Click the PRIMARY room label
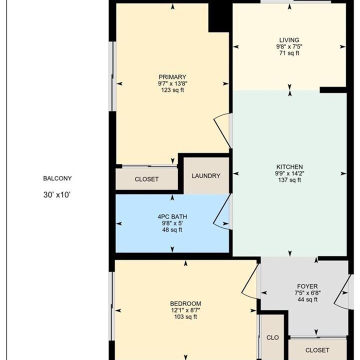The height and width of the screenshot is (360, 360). [172, 77]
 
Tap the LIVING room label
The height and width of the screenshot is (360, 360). [289, 40]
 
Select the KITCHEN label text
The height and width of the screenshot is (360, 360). [289, 167]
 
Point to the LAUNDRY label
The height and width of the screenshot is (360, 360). [206, 176]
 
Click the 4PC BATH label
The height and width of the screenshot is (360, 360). [172, 216]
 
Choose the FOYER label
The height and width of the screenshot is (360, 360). [307, 286]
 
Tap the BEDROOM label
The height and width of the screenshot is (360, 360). [185, 304]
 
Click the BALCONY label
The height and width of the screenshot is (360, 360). [57, 178]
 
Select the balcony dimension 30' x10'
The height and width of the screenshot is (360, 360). [57, 195]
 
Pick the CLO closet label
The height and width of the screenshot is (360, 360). [273, 337]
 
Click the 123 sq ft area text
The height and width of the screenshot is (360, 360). [172, 90]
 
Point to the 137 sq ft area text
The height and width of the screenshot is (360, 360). [289, 180]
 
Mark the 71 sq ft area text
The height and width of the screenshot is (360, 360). [289, 53]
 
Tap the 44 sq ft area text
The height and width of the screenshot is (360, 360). [307, 299]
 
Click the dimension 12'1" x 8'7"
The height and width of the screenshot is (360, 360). [185, 310]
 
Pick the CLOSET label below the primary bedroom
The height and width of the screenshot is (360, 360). [146, 179]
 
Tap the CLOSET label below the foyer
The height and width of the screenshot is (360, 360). [317, 350]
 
